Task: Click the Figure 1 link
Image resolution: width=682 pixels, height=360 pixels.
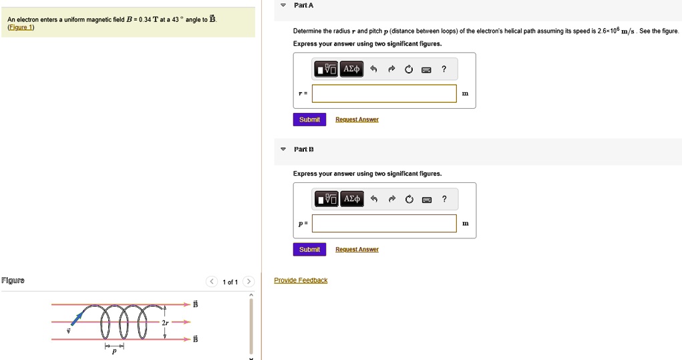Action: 21,27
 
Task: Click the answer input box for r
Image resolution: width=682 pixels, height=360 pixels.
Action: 384,94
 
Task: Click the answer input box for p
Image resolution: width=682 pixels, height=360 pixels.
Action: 384,224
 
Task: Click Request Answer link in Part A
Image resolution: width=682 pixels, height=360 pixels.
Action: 357,120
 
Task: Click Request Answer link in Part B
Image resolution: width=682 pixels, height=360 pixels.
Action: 357,250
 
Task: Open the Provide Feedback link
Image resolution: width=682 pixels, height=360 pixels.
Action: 301,281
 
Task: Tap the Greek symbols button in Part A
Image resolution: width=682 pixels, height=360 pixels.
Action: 351,69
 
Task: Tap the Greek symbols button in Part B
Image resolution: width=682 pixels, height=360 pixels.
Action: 351,199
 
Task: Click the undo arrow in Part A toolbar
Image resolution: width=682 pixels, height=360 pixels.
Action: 373,69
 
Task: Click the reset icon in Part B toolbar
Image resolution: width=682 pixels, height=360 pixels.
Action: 409,199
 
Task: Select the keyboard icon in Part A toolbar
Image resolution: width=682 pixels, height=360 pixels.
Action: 426,69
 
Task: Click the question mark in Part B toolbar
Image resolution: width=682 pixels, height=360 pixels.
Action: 444,198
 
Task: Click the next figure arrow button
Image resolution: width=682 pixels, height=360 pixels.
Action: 248,282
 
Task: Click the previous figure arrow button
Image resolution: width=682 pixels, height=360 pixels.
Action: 211,282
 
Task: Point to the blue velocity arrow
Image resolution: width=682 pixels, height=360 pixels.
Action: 77,319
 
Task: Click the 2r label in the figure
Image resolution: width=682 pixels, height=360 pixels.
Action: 165,323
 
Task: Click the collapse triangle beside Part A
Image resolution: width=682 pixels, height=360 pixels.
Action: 283,5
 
